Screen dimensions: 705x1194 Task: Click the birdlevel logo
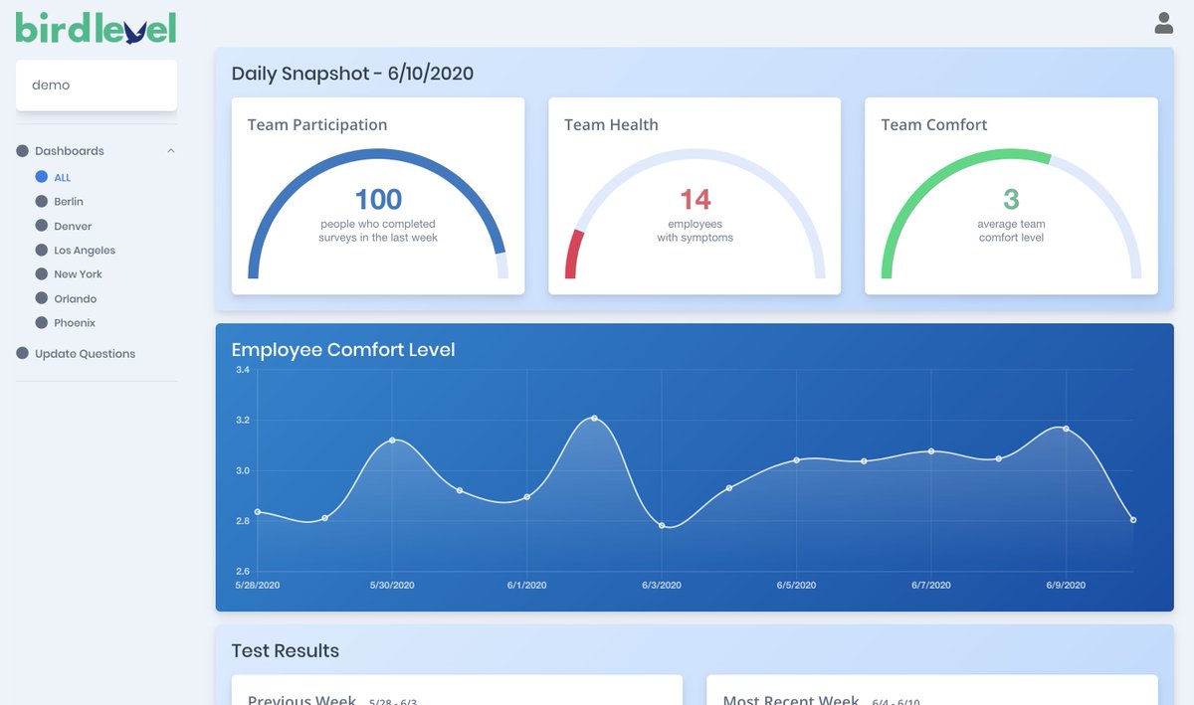tap(96, 28)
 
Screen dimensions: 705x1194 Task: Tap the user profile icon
tap(1163, 23)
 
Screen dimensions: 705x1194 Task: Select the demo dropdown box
tap(97, 86)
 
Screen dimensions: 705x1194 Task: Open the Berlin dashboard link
tap(69, 202)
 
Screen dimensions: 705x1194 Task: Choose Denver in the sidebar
tap(73, 227)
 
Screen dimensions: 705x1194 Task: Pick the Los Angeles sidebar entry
tap(85, 251)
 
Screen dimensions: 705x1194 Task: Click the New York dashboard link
tap(78, 274)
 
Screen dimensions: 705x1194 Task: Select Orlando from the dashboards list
tap(76, 299)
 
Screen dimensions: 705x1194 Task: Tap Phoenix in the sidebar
tap(75, 323)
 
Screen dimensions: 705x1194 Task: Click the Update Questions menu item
tap(85, 354)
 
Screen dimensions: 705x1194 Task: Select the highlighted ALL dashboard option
tap(62, 178)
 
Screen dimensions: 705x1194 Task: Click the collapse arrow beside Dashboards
tap(171, 151)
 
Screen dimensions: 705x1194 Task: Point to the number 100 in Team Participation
tap(378, 199)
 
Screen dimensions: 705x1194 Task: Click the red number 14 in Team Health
tap(695, 200)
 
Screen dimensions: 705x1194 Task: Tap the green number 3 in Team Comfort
tap(1011, 200)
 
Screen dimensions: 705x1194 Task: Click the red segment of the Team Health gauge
tap(573, 254)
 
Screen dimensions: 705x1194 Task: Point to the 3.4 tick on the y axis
tap(243, 370)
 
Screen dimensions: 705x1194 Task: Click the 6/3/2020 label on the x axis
tap(662, 586)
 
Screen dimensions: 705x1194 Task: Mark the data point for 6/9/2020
tap(1066, 429)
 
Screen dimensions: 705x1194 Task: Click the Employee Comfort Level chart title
tap(343, 350)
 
